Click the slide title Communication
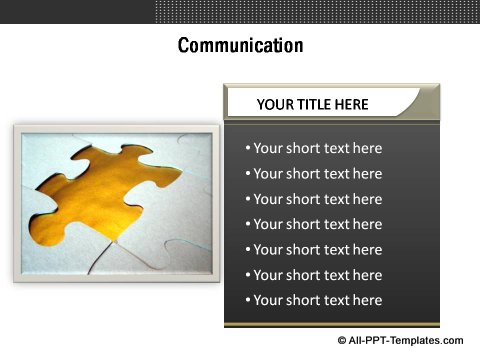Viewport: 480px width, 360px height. click(x=240, y=46)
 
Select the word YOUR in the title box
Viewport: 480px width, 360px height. click(x=275, y=104)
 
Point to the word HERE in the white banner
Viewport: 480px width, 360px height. click(x=352, y=104)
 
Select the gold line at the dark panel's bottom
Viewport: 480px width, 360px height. click(x=331, y=325)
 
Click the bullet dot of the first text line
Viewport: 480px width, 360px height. click(x=248, y=149)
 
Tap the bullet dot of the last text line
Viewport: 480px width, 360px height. click(x=248, y=301)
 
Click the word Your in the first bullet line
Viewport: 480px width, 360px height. click(x=268, y=148)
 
